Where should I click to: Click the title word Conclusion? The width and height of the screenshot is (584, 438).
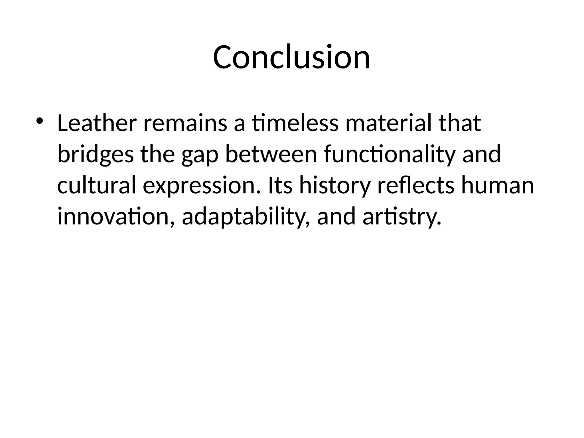(x=291, y=57)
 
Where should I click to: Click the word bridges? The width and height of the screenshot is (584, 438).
(x=96, y=154)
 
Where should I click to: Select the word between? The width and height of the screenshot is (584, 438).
(x=271, y=154)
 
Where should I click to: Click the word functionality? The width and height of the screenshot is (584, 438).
(x=390, y=154)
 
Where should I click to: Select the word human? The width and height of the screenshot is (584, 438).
(x=497, y=186)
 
